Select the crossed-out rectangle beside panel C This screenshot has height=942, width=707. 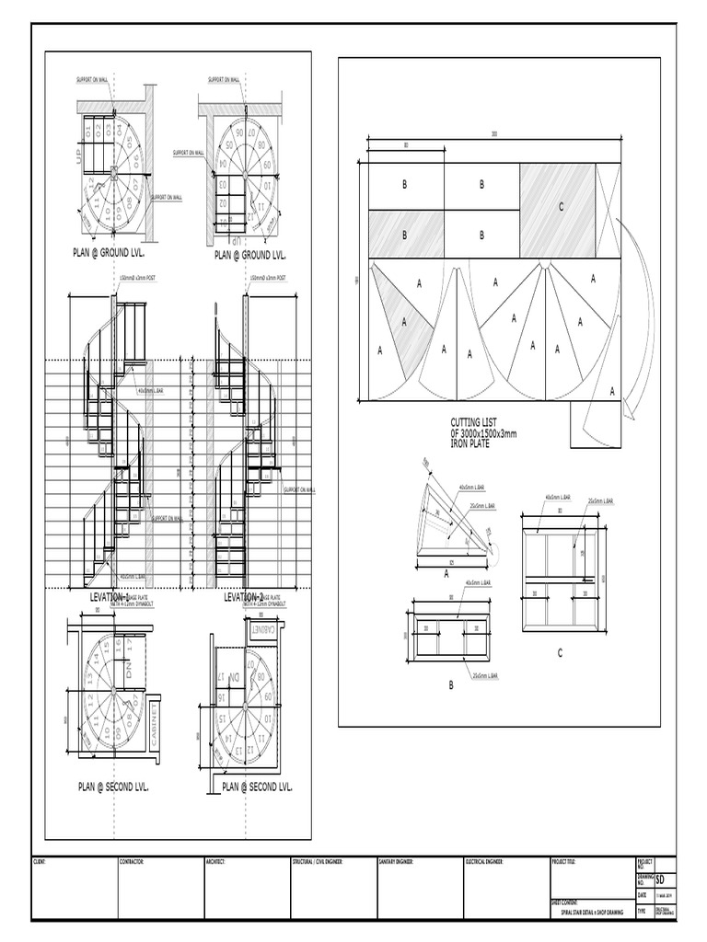[x=607, y=210]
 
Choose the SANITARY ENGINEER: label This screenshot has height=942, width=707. [x=397, y=862]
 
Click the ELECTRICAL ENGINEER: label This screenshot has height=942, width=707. [x=488, y=862]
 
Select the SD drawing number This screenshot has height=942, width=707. [x=660, y=879]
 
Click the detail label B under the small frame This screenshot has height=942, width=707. [x=451, y=684]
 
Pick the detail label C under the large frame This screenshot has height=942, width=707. [x=559, y=652]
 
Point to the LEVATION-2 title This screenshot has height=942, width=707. [x=244, y=597]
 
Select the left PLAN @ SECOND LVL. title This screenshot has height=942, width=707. [x=113, y=787]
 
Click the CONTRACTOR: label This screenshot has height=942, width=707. [x=132, y=862]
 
